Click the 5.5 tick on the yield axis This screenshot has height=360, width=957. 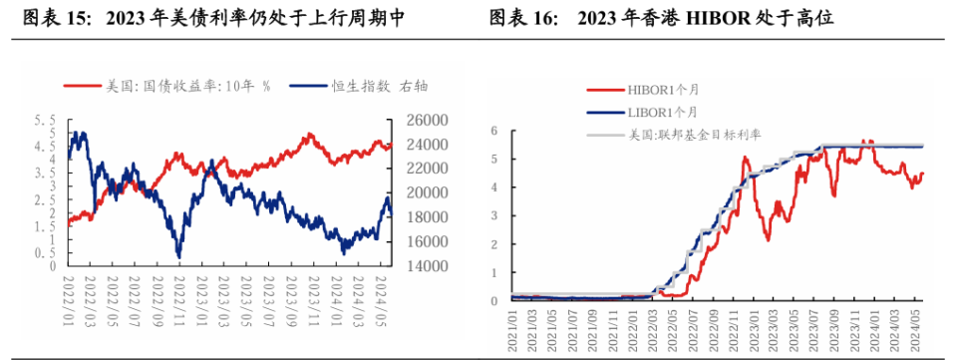[45, 120]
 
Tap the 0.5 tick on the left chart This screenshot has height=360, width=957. [45, 253]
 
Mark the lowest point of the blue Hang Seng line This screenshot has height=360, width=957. [179, 257]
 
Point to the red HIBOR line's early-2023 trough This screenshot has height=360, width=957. [768, 239]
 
